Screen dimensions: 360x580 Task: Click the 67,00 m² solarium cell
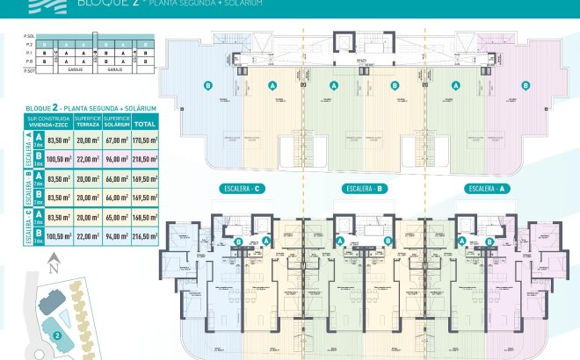pos(116,139)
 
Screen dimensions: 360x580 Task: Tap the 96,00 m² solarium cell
pos(116,158)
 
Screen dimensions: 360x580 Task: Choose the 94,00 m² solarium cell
pos(116,236)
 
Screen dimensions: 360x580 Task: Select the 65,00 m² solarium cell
pos(116,217)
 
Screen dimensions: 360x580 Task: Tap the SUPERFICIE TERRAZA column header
pos(88,122)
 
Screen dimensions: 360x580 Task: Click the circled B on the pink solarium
pos(525,85)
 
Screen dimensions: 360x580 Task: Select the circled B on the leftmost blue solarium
pos(208,85)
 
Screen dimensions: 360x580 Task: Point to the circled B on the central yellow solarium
pos(395,85)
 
